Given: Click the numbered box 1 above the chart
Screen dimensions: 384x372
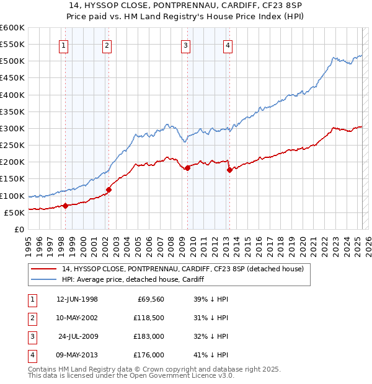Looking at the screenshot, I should (64, 45).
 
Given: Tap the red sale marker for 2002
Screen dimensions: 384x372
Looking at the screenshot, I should (108, 190).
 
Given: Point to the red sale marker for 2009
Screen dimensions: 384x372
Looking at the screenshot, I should (187, 167).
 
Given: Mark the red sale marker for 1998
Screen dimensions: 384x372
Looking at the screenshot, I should (65, 206).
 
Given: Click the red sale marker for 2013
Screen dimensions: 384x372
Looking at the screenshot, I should (229, 170).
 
